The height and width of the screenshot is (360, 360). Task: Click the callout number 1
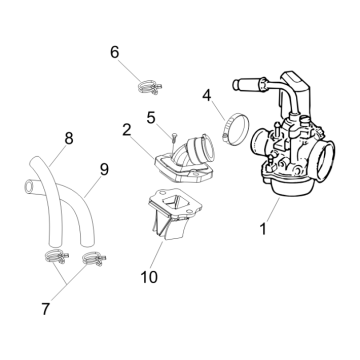[x=263, y=229]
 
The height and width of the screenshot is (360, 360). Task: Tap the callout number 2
[x=126, y=130]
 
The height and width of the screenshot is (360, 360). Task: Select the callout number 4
[x=207, y=96]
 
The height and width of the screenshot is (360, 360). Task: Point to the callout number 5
[x=151, y=118]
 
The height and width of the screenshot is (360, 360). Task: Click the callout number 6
[x=114, y=52]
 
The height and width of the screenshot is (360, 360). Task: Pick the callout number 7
[x=46, y=309]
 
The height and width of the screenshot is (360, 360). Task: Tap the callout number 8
[x=69, y=138]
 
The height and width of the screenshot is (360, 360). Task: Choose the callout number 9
[x=104, y=170]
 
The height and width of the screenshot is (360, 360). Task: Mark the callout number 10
[x=149, y=277]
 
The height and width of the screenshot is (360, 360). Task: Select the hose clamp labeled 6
[x=150, y=87]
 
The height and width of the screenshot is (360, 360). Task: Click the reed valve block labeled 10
[x=175, y=214]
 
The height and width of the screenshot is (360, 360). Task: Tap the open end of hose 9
[x=30, y=186]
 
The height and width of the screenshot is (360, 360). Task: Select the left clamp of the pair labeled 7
[x=56, y=257]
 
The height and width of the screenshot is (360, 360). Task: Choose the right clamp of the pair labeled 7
[x=94, y=259]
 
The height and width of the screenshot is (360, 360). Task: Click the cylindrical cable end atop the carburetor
[x=248, y=84]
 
